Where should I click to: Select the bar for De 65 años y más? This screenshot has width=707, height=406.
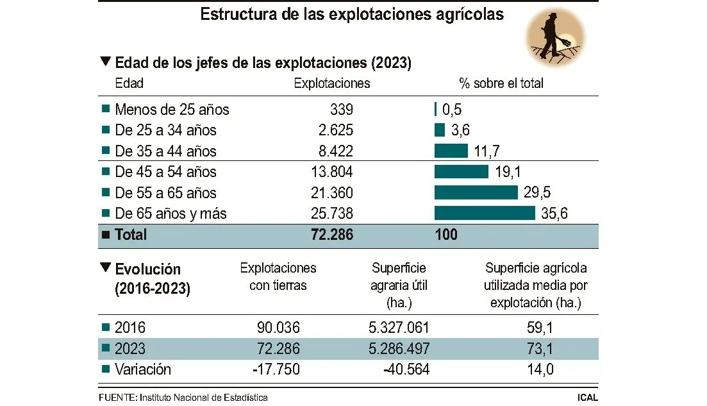484,214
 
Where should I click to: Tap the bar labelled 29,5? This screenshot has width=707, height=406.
476,192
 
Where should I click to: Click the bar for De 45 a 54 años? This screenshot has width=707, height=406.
461,172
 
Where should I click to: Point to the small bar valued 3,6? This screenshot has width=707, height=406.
440,130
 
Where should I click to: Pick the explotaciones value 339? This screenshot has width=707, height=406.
342,110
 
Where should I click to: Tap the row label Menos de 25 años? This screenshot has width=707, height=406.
172,110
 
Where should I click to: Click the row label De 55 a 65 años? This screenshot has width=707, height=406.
165,192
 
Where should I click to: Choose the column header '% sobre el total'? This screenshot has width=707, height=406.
501,83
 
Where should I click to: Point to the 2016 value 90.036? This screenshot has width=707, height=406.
278,328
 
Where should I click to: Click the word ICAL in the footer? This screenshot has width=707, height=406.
586,398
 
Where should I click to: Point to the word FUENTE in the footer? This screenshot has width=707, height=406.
118,398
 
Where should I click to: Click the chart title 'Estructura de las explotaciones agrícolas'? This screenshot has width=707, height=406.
352,15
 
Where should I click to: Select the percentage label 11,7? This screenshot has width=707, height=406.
488,151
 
